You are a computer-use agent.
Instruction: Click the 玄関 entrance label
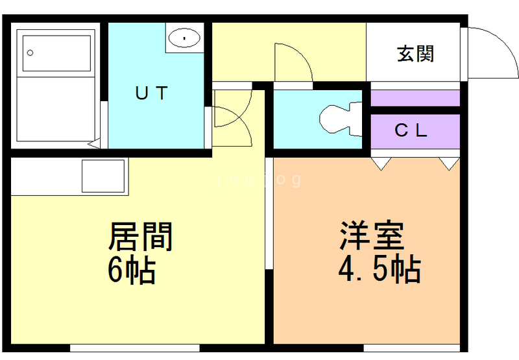click(415, 54)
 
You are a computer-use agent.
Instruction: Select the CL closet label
click(411, 130)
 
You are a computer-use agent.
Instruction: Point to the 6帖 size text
click(132, 270)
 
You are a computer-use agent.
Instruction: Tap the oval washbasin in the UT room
click(185, 38)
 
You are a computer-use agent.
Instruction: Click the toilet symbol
click(338, 118)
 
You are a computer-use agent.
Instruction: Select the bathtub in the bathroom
click(56, 53)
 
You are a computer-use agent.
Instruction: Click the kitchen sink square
click(104, 175)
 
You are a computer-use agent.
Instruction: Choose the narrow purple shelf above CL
click(415, 99)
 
